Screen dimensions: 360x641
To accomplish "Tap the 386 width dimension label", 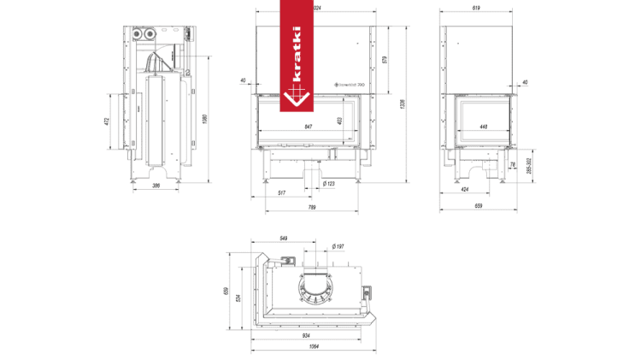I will point(156,185).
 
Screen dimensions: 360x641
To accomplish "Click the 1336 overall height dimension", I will point(402,104).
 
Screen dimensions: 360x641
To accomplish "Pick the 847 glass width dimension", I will point(308,127).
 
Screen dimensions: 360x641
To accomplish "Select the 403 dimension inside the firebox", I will point(340,121).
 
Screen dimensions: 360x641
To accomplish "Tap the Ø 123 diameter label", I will point(329,184).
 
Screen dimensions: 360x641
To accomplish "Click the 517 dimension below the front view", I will point(282,193).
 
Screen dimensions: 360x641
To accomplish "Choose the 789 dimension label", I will point(311,207).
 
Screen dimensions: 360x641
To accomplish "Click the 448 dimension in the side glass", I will point(483,127).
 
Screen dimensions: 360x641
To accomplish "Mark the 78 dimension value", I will point(512,164).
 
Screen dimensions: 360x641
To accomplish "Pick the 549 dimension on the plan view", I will point(285,239).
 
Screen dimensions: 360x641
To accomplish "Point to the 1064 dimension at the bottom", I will point(315,347).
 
